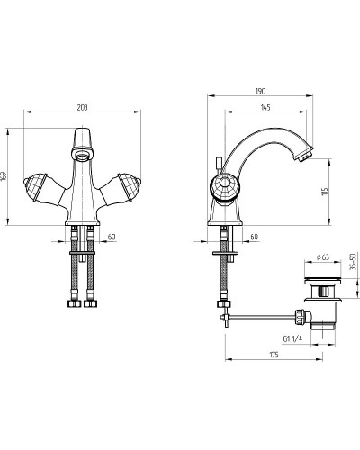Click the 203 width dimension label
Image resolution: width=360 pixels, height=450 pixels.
pos(82,107)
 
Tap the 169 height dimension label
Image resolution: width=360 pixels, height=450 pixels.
pos(4,176)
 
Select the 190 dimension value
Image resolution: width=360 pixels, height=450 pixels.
pos(260,91)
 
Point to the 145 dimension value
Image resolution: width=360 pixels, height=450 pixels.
pos(265,107)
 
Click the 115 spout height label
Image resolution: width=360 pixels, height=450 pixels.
pos(326,191)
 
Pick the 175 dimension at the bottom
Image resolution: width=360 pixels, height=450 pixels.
pos(274,355)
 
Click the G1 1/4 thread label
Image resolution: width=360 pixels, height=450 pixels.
pos(292,338)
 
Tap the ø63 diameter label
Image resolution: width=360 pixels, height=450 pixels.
pos(323,257)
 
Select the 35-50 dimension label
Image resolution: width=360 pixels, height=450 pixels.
pos(353,261)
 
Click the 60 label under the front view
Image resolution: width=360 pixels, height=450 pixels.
pos(112,237)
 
